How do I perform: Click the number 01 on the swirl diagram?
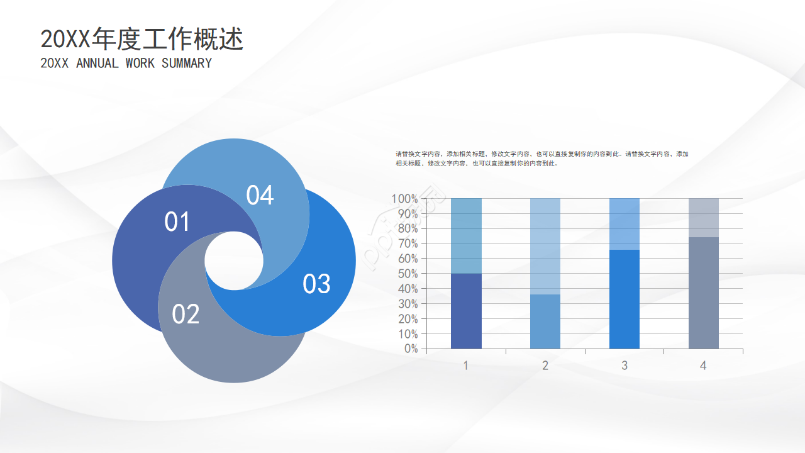click(x=177, y=222)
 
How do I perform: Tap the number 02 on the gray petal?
click(x=186, y=314)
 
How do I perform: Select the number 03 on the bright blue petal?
click(x=316, y=284)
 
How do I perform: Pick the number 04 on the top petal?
click(x=260, y=196)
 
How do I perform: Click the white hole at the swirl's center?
click(x=234, y=260)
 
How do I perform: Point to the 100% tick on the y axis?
click(x=404, y=199)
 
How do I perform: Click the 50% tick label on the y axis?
click(x=408, y=274)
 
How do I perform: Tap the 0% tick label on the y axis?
click(x=411, y=349)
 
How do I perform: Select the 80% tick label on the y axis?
click(x=408, y=229)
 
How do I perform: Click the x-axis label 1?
click(x=465, y=366)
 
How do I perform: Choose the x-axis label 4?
click(x=703, y=366)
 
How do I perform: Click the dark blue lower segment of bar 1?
click(x=466, y=311)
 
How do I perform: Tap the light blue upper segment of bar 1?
click(x=466, y=236)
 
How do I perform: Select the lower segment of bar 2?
click(x=545, y=322)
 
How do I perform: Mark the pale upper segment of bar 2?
click(x=545, y=246)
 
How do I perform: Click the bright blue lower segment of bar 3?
click(x=625, y=299)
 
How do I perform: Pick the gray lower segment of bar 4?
click(x=703, y=293)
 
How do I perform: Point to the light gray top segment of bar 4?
click(x=703, y=218)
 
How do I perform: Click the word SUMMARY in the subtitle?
click(x=187, y=64)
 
